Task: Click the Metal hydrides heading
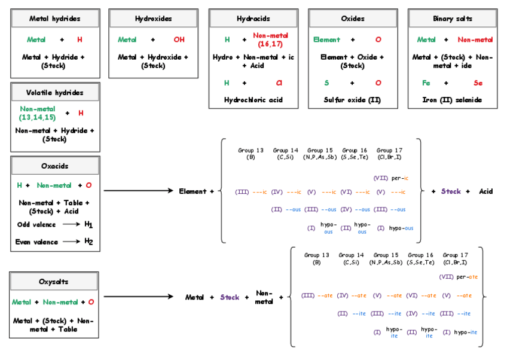(x=55, y=19)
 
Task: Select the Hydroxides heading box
(x=153, y=19)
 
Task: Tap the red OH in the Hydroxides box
(x=179, y=39)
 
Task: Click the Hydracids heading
(x=253, y=19)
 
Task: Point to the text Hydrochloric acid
(x=253, y=100)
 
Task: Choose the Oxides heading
(x=353, y=19)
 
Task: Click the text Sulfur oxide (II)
(x=353, y=100)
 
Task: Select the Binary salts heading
(x=452, y=19)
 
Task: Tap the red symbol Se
(x=478, y=83)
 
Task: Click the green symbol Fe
(x=426, y=83)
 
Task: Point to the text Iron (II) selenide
(x=452, y=100)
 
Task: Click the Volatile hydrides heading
(x=55, y=93)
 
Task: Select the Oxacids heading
(x=55, y=166)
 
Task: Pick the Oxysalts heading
(x=54, y=282)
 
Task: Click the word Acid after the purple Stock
(x=485, y=191)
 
